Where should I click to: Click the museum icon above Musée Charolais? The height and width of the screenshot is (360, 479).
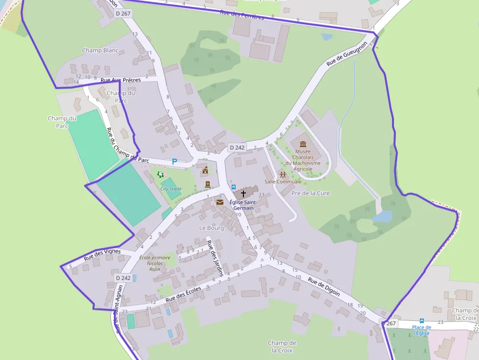pyautogui.click(x=303, y=144)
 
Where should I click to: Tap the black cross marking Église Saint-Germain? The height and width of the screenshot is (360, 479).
pyautogui.click(x=243, y=194)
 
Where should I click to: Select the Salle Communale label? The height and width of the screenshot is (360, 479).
pyautogui.click(x=283, y=182)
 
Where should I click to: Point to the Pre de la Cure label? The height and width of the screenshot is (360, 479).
pyautogui.click(x=310, y=193)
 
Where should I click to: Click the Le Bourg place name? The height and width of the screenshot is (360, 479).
pyautogui.click(x=211, y=228)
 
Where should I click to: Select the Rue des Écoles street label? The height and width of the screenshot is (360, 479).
pyautogui.click(x=183, y=292)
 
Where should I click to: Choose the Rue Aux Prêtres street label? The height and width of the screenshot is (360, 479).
pyautogui.click(x=120, y=80)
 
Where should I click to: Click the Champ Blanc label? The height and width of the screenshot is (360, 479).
pyautogui.click(x=100, y=50)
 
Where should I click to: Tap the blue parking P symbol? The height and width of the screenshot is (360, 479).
pyautogui.click(x=174, y=161)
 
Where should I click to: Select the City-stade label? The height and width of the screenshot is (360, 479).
pyautogui.click(x=171, y=189)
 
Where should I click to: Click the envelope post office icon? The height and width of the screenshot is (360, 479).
pyautogui.click(x=219, y=202)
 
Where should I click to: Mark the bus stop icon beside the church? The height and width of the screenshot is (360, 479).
pyautogui.click(x=234, y=187)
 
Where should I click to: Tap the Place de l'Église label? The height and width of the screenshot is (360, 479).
pyautogui.click(x=421, y=330)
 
